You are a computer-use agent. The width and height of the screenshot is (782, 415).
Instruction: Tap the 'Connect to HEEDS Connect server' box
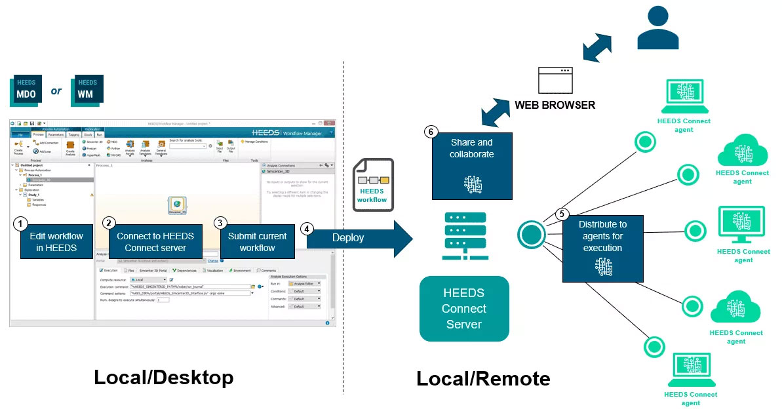point(155,242)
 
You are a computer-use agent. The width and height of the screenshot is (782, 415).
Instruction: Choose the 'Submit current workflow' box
point(257,242)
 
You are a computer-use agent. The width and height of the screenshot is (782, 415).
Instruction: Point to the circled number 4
point(306,229)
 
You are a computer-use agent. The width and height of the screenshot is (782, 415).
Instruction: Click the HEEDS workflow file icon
point(373,184)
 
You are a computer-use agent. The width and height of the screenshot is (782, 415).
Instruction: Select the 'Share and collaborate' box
point(471,164)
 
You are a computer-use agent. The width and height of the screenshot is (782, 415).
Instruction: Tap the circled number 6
point(431,132)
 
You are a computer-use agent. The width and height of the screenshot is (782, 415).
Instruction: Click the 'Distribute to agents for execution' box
point(602,248)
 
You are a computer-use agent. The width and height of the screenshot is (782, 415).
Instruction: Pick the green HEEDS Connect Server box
point(464,309)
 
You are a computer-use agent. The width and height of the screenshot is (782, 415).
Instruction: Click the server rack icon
point(464,239)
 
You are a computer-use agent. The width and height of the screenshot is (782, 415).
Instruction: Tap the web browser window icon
point(556,80)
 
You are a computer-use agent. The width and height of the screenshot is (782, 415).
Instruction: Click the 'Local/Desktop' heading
point(163,378)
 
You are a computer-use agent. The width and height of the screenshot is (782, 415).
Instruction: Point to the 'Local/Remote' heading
point(483,378)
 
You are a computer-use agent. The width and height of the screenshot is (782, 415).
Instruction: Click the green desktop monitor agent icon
point(741,226)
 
